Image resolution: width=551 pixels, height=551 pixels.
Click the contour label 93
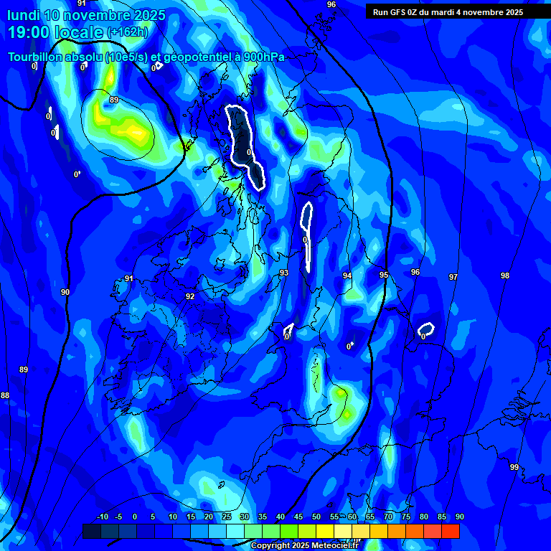coord(284,273)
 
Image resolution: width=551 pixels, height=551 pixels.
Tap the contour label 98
coord(505,275)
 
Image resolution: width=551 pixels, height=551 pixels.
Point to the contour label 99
coord(514,467)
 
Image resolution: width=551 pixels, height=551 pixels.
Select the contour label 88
coord(5,395)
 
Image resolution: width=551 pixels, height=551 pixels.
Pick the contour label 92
coord(190,296)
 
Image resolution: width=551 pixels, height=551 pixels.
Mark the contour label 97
coord(453,277)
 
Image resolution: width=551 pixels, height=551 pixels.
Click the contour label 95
coord(384,275)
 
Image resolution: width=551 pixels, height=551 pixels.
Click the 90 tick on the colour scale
coord(459,517)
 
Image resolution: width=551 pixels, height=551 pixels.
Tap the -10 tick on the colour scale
coord(102,517)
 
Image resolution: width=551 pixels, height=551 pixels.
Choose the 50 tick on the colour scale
coord(316,517)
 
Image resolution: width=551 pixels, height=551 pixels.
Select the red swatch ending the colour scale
coord(451,532)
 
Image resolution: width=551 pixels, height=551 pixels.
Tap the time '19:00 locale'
coord(55,32)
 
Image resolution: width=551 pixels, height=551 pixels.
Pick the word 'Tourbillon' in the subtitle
coord(36,57)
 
